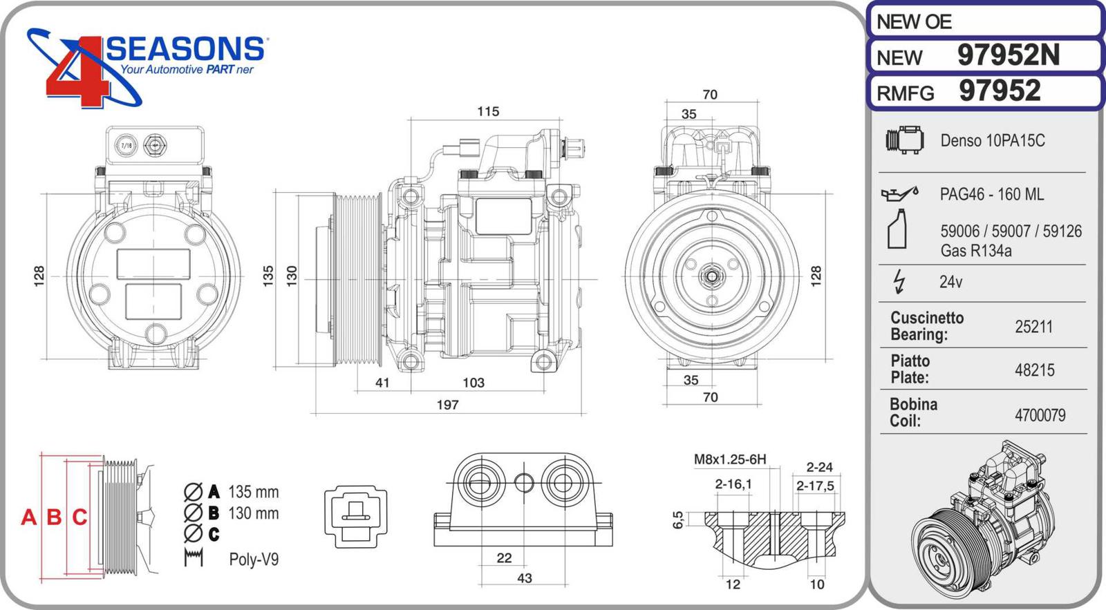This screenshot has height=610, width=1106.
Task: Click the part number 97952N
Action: pos(1008,55)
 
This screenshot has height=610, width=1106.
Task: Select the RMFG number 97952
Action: pos(1000,91)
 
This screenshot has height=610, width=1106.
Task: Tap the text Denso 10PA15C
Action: pos(992,141)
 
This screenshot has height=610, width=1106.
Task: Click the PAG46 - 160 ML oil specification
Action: pos(991,195)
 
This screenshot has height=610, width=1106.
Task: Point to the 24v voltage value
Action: pos(950,282)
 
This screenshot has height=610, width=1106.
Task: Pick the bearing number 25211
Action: pos(1033,327)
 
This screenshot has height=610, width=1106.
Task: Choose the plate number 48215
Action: pos(1034,370)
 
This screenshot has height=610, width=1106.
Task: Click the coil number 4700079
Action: pos(1040,415)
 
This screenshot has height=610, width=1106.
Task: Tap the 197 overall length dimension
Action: pos(447,405)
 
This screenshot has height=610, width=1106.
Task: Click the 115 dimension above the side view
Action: pos(488,112)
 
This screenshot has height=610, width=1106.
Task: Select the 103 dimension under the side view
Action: pos(474,383)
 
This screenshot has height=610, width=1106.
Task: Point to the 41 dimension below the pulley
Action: pos(382,383)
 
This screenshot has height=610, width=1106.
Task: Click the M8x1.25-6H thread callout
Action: pos(730,459)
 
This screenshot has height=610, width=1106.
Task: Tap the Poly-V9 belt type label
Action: pos(254,560)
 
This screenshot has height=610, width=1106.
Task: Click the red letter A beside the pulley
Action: pos(28,517)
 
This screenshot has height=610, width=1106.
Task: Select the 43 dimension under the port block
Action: pos(525,578)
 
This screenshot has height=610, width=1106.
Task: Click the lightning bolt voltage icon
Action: pos(899,281)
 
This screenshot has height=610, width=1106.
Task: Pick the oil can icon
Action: pos(899,193)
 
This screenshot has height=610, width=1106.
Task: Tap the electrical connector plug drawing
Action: pos(355,516)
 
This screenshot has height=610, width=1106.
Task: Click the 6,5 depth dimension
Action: pos(678,520)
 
